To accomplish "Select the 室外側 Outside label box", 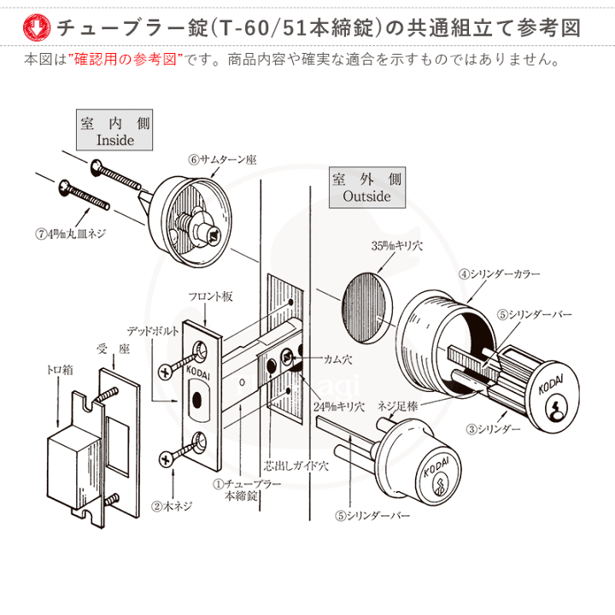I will pos(366,188).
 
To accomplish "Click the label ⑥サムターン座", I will pos(223,160).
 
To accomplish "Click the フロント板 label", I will pos(209,297).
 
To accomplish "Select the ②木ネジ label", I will pos(171,505).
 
